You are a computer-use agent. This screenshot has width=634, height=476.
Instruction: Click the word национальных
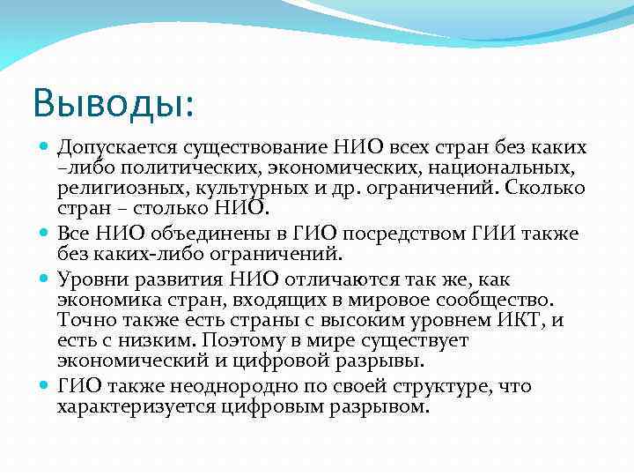[498, 167]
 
